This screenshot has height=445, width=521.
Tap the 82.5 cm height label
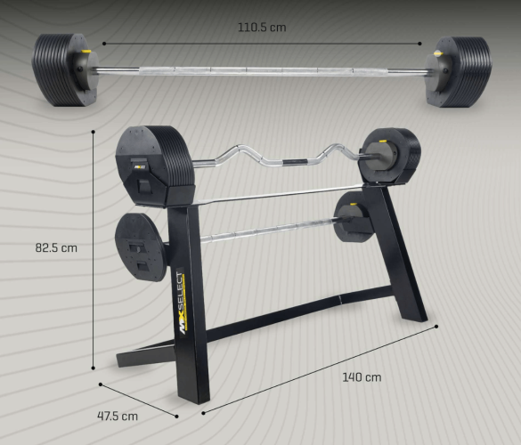tap(56, 248)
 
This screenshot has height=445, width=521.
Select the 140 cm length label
tap(362, 376)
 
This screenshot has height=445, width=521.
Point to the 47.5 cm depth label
tap(118, 416)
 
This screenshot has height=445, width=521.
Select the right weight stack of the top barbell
tap(459, 70)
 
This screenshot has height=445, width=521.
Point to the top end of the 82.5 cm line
tap(94, 131)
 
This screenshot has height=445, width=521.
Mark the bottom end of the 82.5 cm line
tap(94, 366)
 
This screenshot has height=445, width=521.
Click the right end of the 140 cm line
tap(437, 326)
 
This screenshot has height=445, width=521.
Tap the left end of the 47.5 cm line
tap(101, 384)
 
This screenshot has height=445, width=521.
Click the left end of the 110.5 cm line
tap(103, 42)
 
